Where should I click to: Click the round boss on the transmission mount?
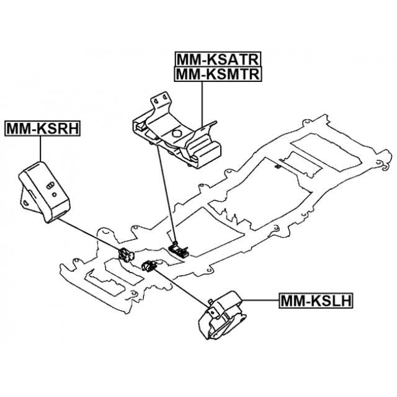coord(177,133)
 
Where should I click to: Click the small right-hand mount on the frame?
coord(127,254)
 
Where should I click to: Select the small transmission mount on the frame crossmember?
coord(181,250)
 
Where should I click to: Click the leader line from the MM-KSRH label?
coord(41,149)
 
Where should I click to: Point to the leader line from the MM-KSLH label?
coord(261,301)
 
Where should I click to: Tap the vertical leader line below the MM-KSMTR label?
coord(202,102)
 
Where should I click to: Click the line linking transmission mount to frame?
coord(166,192)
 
